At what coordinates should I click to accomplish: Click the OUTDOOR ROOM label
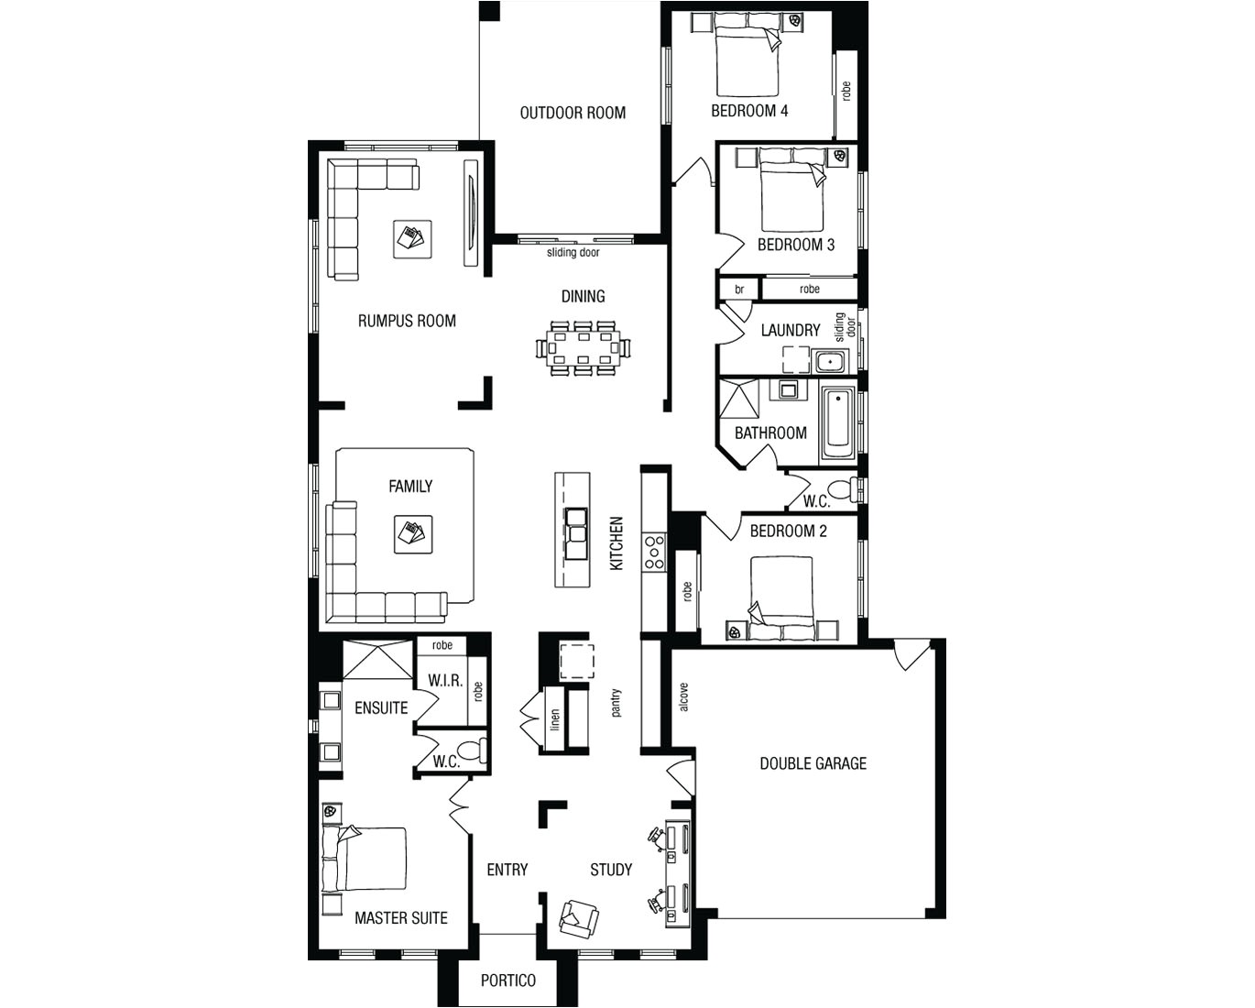(x=573, y=113)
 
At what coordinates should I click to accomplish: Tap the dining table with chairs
(x=584, y=348)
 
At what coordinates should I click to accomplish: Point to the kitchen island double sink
(x=577, y=531)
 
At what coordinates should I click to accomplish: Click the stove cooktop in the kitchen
(x=654, y=553)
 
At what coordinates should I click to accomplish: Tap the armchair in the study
(x=579, y=916)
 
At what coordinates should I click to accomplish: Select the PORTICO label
(x=508, y=981)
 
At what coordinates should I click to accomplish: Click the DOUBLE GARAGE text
(x=813, y=763)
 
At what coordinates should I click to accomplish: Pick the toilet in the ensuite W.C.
(x=471, y=751)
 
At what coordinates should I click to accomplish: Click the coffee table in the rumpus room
(x=409, y=238)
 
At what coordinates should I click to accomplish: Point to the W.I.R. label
(x=445, y=682)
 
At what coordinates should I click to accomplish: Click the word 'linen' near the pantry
(x=554, y=720)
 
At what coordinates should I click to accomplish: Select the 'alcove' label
(x=683, y=697)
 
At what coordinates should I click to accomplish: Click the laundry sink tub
(x=830, y=361)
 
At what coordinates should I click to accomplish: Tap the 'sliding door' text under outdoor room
(x=573, y=252)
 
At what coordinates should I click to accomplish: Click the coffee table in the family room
(x=412, y=534)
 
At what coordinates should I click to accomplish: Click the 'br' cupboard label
(x=739, y=290)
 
